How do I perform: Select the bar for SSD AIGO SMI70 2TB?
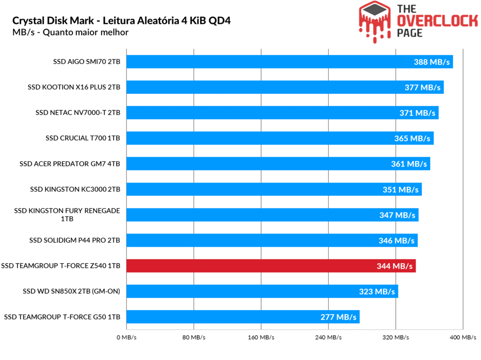289,61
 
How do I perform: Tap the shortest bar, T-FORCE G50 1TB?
243,317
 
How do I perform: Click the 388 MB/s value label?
432,61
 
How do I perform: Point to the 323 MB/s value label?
377,291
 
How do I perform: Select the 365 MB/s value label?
412,138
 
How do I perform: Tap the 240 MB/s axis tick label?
328,337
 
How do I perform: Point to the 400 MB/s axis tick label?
463,337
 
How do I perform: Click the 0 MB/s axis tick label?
127,337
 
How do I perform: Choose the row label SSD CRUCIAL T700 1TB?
83,138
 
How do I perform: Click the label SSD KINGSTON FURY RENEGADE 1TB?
67,214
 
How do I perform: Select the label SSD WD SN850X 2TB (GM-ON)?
71,291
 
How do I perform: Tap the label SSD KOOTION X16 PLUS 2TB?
74,87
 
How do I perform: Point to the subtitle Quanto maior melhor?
89,32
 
